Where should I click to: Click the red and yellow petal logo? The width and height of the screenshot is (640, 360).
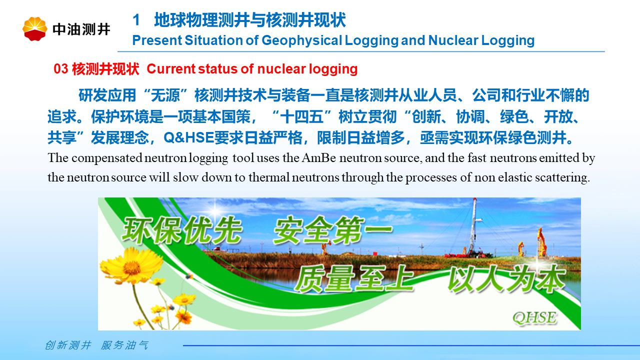pyautogui.click(x=35, y=28)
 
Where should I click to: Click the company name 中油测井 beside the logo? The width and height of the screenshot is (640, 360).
pyautogui.click(x=81, y=29)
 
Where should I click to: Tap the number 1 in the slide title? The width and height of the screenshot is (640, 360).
pyautogui.click(x=136, y=20)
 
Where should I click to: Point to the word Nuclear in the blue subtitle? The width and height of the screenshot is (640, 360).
pyautogui.click(x=453, y=40)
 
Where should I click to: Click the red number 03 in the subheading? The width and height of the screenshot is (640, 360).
pyautogui.click(x=61, y=69)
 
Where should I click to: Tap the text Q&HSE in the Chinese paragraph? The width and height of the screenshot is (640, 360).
pyautogui.click(x=188, y=137)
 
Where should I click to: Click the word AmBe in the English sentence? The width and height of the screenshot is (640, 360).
pyautogui.click(x=318, y=157)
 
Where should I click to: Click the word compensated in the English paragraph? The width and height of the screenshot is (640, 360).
pyautogui.click(x=107, y=158)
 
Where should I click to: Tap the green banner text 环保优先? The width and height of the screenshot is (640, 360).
pyautogui.click(x=182, y=230)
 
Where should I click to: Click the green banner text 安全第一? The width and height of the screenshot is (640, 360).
pyautogui.click(x=333, y=230)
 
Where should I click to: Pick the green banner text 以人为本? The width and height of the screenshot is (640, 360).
pyautogui.click(x=506, y=278)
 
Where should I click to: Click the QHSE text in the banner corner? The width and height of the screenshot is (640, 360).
pyautogui.click(x=534, y=317)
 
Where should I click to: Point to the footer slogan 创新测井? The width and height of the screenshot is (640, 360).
pyautogui.click(x=68, y=345)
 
